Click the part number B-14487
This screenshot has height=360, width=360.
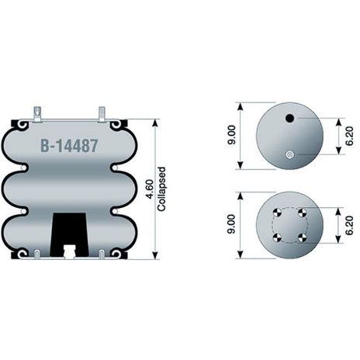coord(70,146)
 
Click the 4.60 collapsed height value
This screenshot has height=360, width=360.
coord(150,189)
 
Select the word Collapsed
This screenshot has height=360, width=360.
coord(161,189)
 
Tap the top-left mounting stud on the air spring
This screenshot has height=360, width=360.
coord(38,114)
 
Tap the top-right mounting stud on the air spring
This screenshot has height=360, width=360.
coord(102,114)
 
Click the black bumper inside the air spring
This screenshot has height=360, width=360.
coord(69,235)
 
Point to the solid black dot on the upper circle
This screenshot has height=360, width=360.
coord(289,119)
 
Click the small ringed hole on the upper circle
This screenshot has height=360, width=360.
coord(289,154)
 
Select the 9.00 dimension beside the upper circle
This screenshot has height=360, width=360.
coord(232,134)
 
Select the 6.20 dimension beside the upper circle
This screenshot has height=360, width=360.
coord(349,136)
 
